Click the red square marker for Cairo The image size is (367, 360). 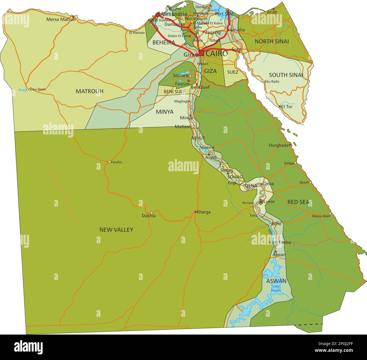point(201,53)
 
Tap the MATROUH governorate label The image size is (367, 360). point(89,91)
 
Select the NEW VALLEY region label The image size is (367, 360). point(116,230)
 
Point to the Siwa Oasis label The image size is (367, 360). point(38,89)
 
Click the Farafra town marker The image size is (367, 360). point(110,162)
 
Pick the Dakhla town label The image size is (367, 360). point(148,216)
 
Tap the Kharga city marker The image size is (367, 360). point(195,212)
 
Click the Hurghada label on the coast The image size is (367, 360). point(278,145)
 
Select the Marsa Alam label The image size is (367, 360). point(321,216)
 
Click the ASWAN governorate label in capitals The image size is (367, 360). point(276,281)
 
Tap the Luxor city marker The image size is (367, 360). point(261,202)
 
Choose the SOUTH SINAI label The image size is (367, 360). point(286,75)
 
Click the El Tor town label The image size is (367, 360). point(287,107)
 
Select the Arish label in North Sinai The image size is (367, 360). point(272,12)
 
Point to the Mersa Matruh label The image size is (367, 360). point(61,19)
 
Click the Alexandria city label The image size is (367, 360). point(174,14)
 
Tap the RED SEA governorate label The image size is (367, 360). point(299,202)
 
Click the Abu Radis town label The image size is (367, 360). point(272,81)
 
